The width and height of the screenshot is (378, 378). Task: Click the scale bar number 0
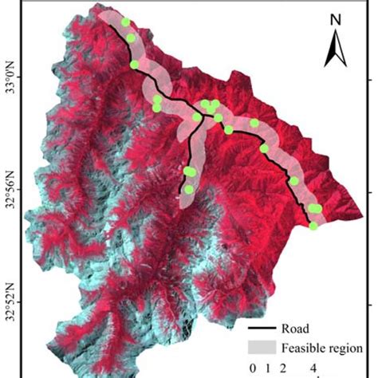click(x=253, y=368)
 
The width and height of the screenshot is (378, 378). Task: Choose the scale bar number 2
click(x=283, y=368)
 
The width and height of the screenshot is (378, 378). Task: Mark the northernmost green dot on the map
click(x=126, y=22)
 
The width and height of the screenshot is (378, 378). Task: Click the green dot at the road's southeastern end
click(x=313, y=226)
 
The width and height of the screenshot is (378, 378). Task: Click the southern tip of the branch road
click(x=183, y=194)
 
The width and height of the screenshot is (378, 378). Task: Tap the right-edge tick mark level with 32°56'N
click(x=369, y=191)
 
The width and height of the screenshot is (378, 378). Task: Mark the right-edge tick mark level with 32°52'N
click(x=369, y=303)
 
